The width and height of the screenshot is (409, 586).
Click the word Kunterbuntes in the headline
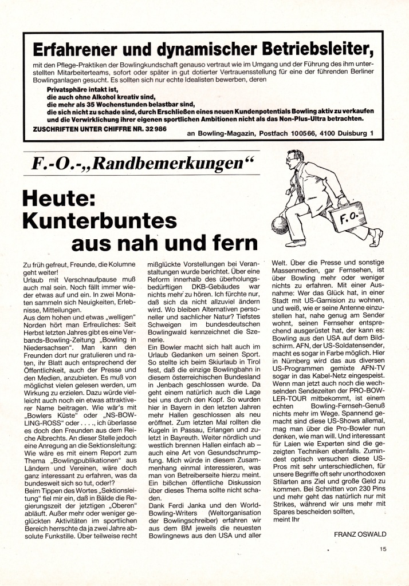click(95, 220)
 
